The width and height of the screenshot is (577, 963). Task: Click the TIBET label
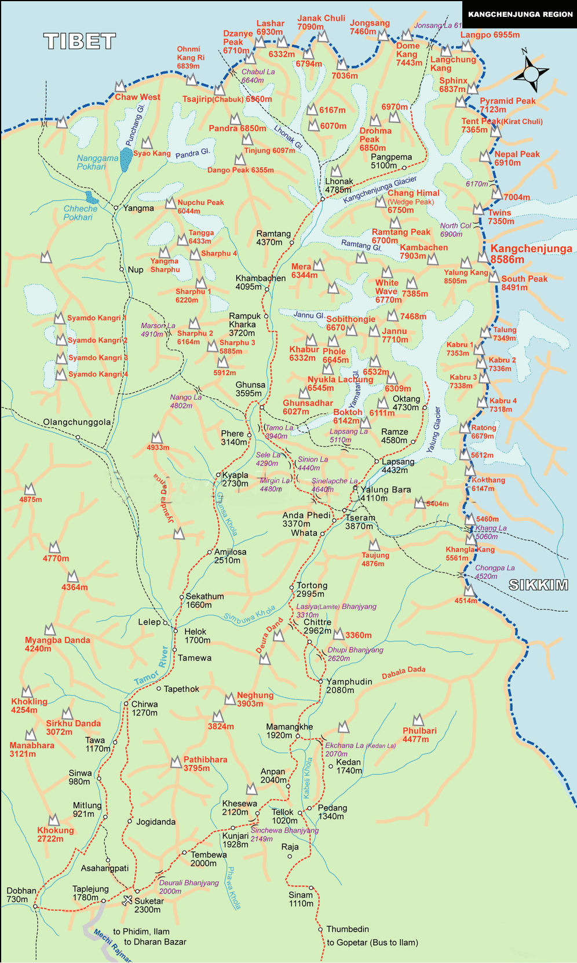(x=80, y=41)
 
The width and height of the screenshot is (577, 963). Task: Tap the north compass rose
(x=531, y=73)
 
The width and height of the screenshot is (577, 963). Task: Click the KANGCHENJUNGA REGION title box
(x=520, y=14)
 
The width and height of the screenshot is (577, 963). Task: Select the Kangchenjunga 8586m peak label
(x=531, y=254)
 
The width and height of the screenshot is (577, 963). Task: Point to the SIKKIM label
(x=538, y=585)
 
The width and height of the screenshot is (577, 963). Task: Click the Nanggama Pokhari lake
(x=126, y=159)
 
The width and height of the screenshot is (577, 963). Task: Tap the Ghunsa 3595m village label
(x=250, y=389)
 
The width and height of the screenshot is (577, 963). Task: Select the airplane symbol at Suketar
(x=127, y=900)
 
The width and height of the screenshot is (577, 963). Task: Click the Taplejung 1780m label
(x=90, y=893)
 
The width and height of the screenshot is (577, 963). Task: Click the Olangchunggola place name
(x=76, y=422)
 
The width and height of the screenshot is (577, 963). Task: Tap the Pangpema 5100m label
(x=391, y=161)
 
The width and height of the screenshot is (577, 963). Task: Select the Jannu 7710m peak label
(x=395, y=335)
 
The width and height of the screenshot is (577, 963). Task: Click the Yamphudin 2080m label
(x=349, y=685)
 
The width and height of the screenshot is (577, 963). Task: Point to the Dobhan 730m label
(x=21, y=895)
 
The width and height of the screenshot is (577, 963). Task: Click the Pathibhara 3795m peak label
(x=204, y=764)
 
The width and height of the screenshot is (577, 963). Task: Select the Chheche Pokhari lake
(x=89, y=197)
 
